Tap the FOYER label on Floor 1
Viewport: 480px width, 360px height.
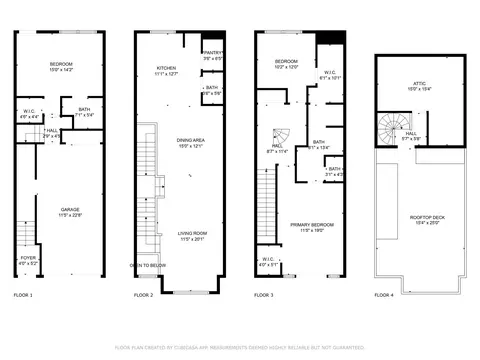point(29,260)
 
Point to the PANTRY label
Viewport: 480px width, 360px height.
point(213,54)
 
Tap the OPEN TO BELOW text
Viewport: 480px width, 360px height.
point(148,266)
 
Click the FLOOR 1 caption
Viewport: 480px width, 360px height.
point(23,296)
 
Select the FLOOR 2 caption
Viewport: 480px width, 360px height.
point(143,296)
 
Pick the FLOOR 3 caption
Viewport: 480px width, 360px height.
point(263,296)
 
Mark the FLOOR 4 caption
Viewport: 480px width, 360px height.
point(384,296)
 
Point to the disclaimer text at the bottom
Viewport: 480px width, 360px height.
point(240,347)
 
